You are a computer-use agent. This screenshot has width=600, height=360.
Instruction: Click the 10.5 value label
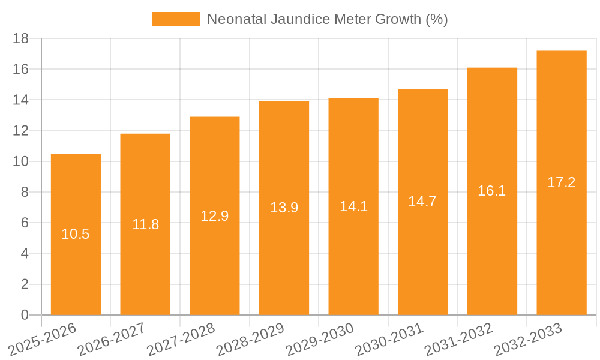(76, 234)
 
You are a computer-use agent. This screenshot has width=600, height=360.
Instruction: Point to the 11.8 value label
(145, 224)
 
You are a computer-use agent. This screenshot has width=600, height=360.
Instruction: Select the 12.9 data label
(214, 216)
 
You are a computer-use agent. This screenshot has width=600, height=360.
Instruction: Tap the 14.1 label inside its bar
(353, 206)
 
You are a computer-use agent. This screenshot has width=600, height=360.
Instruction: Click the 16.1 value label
(492, 191)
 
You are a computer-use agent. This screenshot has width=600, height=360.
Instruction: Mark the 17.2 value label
(562, 182)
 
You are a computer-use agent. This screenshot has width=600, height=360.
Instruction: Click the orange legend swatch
(175, 19)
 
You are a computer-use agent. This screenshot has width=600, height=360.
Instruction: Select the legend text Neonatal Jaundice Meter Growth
(327, 19)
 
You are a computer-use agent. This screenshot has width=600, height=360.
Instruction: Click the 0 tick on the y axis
(25, 315)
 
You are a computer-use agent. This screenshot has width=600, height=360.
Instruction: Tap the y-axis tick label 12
(21, 131)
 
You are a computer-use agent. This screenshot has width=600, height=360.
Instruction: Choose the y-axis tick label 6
(25, 223)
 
